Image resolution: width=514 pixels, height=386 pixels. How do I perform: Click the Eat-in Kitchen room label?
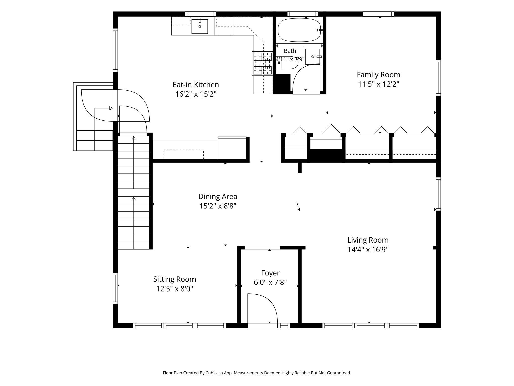pyautogui.click(x=196, y=85)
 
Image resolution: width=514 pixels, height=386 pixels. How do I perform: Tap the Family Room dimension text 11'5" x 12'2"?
pyautogui.click(x=378, y=84)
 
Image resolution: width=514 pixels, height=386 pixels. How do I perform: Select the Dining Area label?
pyautogui.click(x=218, y=196)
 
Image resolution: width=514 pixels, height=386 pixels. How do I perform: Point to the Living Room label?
pyautogui.click(x=368, y=240)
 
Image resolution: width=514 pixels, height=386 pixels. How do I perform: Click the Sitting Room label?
pyautogui.click(x=174, y=279)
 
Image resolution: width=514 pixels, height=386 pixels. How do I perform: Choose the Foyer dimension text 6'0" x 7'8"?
pyautogui.click(x=270, y=283)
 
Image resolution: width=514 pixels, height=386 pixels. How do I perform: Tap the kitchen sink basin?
pyautogui.click(x=200, y=26)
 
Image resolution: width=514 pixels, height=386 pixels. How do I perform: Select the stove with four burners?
pyautogui.click(x=263, y=63)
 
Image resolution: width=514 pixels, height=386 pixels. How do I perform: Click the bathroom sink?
pyautogui.click(x=313, y=57)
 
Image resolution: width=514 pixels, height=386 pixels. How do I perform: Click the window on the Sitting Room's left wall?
pyautogui.click(x=115, y=288)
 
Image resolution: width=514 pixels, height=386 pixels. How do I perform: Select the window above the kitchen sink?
pyautogui.click(x=201, y=14)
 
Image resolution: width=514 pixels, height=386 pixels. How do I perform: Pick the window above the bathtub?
pyautogui.click(x=303, y=14)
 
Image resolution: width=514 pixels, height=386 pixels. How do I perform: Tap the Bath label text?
pyautogui.click(x=290, y=51)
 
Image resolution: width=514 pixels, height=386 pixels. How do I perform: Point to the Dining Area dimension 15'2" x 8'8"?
pyautogui.click(x=218, y=206)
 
